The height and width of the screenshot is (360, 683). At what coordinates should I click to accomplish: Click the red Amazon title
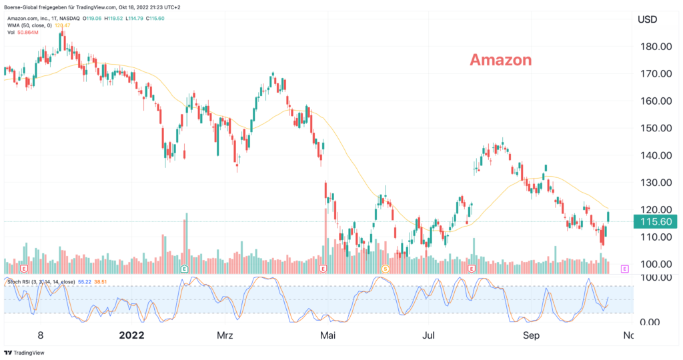click(500, 60)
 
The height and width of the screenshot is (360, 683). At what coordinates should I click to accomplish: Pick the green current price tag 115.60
click(656, 221)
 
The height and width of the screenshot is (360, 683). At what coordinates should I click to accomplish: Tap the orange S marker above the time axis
click(385, 269)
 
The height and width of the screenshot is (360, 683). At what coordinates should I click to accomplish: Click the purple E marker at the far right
click(625, 269)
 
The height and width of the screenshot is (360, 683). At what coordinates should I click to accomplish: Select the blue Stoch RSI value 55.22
click(84, 283)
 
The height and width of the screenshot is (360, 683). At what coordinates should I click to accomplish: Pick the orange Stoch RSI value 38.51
click(102, 283)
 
